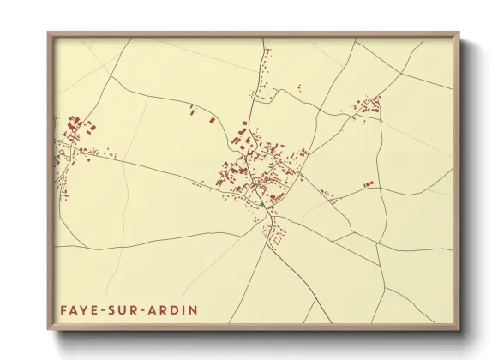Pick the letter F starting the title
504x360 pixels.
tap(63, 308)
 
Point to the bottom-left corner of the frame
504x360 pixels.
tap(48, 330)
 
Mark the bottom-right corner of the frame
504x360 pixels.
tap(459, 330)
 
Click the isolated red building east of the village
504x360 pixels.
tap(369, 183)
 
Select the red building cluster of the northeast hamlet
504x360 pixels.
tap(369, 106)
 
